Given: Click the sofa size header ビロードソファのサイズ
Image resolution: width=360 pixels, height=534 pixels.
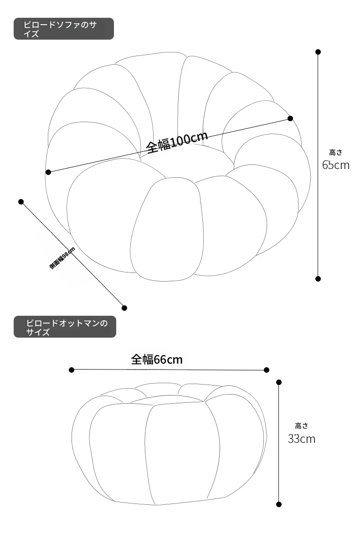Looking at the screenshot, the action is point(63,29).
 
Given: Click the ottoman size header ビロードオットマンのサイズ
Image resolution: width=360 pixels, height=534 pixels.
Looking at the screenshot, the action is point(65,327).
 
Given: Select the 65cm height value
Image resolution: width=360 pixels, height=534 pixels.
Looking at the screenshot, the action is point(336,165).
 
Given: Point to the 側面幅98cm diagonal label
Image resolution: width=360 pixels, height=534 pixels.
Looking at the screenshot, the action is point(62,258).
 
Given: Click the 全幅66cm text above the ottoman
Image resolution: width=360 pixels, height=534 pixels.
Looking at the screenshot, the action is point(157,359).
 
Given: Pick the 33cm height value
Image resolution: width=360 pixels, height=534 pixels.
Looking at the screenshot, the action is point(302,439).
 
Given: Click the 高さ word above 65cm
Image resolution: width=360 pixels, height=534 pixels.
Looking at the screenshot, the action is point(335,152).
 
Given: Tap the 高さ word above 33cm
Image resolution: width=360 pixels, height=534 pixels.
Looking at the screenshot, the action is point(302,426).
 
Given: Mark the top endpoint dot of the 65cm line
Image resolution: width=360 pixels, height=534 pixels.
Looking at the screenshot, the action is point(318,52).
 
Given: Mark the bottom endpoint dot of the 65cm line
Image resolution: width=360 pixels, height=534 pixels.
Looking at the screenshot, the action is point(318,279).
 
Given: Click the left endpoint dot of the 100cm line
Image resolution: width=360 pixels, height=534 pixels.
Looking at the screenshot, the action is point(48,172).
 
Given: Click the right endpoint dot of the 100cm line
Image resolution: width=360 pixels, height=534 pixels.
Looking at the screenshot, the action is point(290,118).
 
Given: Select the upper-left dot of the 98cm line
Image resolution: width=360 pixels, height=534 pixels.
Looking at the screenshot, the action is point(21,202).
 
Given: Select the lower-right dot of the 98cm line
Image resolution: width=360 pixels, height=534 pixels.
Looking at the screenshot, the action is point(124,308).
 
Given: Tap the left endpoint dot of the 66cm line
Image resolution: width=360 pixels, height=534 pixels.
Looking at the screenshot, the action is point(72,370).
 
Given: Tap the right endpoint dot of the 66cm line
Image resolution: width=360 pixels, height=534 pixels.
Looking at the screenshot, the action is point(267,370).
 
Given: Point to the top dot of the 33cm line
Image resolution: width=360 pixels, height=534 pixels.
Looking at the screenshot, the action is point(279,382).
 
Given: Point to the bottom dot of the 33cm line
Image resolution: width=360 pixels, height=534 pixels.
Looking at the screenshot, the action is point(279,504).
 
